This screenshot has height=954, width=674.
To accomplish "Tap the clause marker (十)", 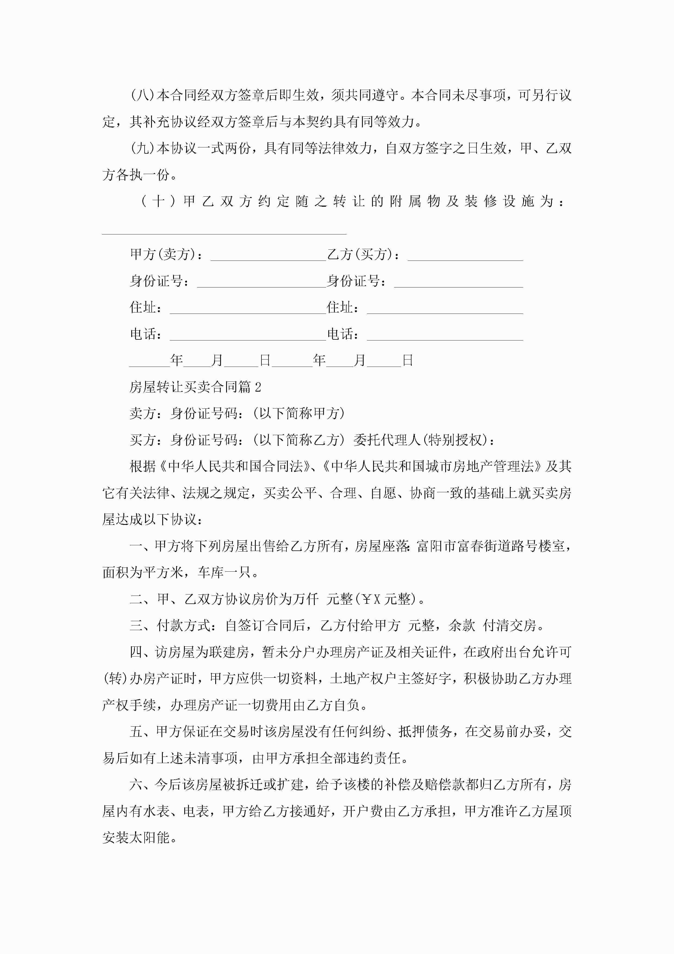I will click(158, 202).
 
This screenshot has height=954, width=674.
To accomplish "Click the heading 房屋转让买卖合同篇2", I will click(195, 387).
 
